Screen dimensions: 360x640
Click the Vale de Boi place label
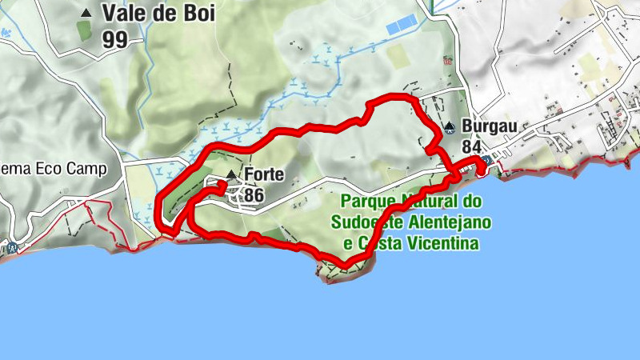tap(158, 14)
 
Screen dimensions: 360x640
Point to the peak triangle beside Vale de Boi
tap(86, 13)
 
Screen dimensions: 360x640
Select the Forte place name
tap(265, 174)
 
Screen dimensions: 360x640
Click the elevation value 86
tap(254, 194)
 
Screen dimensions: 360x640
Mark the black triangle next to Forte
tap(231, 174)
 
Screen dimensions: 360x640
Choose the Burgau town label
tap(489, 126)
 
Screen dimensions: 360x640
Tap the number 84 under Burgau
tap(472, 147)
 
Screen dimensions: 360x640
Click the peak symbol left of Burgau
tap(450, 126)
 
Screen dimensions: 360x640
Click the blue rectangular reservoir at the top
tap(400, 26)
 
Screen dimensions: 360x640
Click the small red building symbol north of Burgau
tap(447, 61)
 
